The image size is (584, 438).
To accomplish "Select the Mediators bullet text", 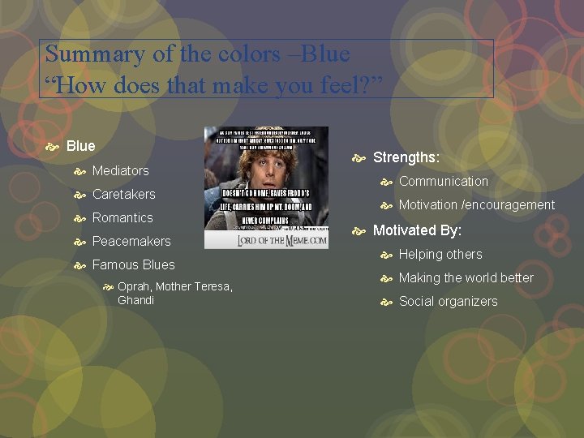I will tap(120, 170).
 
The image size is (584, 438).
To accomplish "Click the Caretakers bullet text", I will tap(123, 194).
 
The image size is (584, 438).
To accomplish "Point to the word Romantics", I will tap(122, 217).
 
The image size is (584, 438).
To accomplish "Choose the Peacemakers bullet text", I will tap(131, 241).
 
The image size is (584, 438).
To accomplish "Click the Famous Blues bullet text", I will tap(133, 264).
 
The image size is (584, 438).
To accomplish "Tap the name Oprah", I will tap(134, 286).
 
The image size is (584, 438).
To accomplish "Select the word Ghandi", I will tap(135, 300).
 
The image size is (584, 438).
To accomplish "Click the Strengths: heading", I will tap(406, 158).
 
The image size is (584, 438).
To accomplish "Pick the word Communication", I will tap(443, 182).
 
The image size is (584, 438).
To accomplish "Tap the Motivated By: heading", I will tap(417, 230).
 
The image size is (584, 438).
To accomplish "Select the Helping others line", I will tap(440, 254).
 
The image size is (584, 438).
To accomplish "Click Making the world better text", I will tap(466, 277).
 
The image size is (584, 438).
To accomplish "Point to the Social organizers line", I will tap(448, 301).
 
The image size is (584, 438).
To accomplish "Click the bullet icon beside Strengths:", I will tap(360, 158).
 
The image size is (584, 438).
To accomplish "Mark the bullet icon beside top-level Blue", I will tap(54, 147).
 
